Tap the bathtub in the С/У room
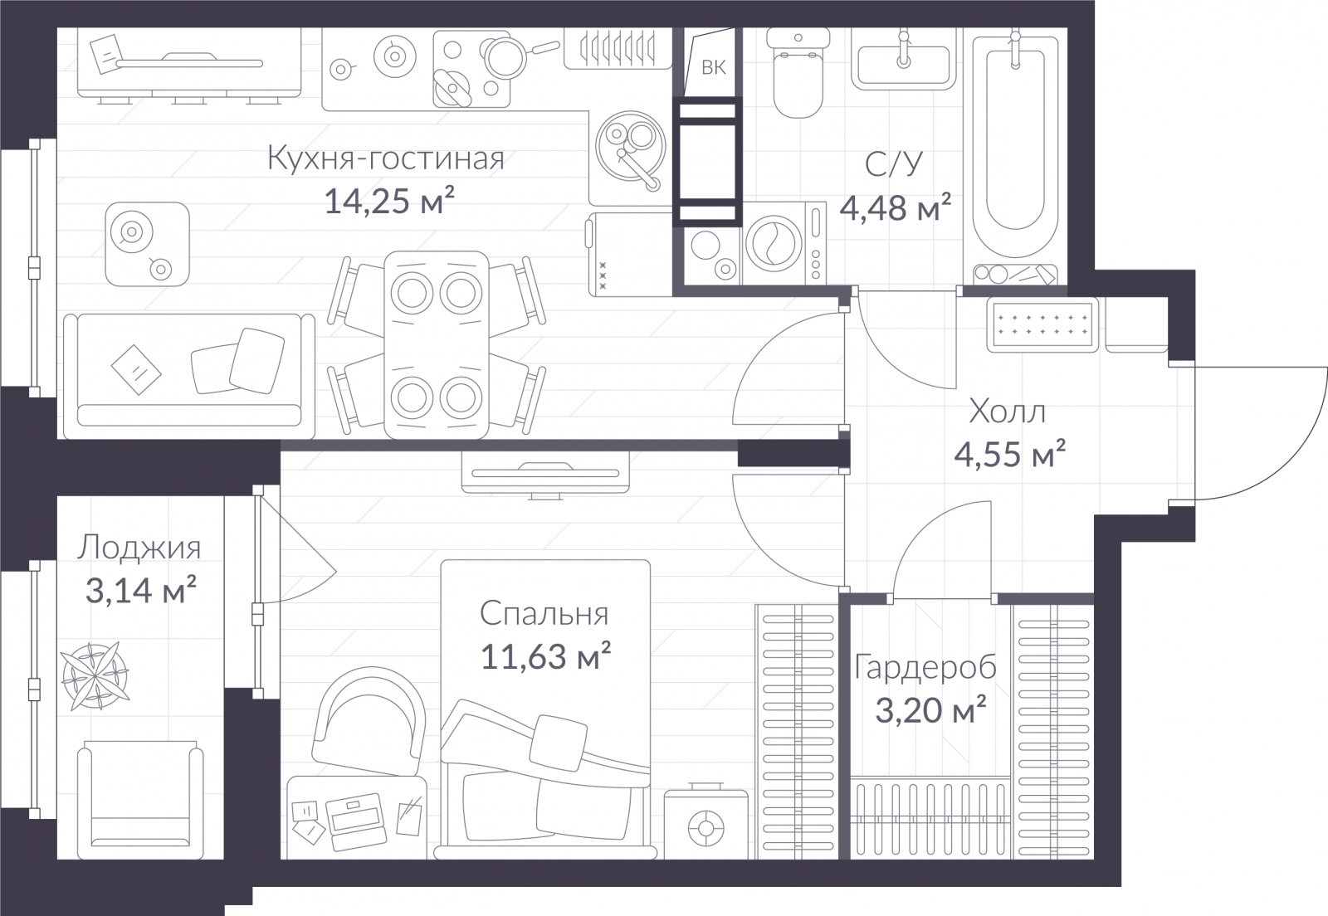point(1015,149)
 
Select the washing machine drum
point(774,244)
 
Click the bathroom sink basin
point(903,65)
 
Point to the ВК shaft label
point(713,67)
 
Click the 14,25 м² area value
point(389,201)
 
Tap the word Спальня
point(544,614)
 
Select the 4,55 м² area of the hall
point(1009,455)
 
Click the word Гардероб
point(925,669)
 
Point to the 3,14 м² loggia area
point(140,590)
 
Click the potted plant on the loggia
point(95,675)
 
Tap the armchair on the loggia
point(140,799)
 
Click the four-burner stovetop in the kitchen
point(472,70)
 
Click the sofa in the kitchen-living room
point(189,376)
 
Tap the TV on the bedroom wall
point(545,473)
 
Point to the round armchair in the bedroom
point(369,720)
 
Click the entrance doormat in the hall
point(1042,324)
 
